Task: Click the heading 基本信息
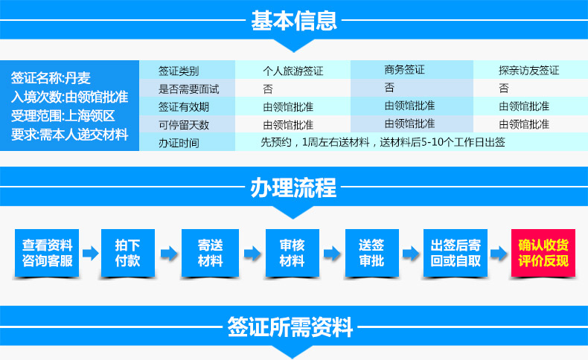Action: [x=293, y=20]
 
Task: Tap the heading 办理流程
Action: [x=293, y=187]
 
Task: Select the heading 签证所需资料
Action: [x=290, y=327]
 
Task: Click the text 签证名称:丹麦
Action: [x=51, y=78]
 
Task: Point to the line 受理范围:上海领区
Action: [x=63, y=116]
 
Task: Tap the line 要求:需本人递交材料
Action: [x=69, y=135]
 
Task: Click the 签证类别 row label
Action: [x=179, y=71]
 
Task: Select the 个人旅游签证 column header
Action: [x=293, y=71]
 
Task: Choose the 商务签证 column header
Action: [x=404, y=70]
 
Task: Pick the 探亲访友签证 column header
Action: [x=528, y=70]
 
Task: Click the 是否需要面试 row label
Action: [x=188, y=89]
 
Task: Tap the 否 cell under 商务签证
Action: [x=389, y=88]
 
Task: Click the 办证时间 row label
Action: [x=179, y=143]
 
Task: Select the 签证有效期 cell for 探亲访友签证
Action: [x=524, y=106]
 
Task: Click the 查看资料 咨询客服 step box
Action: [x=47, y=253]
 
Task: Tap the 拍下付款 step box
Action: [x=128, y=253]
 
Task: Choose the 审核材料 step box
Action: [x=292, y=253]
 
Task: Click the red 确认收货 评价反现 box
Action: [x=543, y=253]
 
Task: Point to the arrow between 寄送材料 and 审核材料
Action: [x=252, y=254]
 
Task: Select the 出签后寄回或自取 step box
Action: [x=456, y=253]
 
